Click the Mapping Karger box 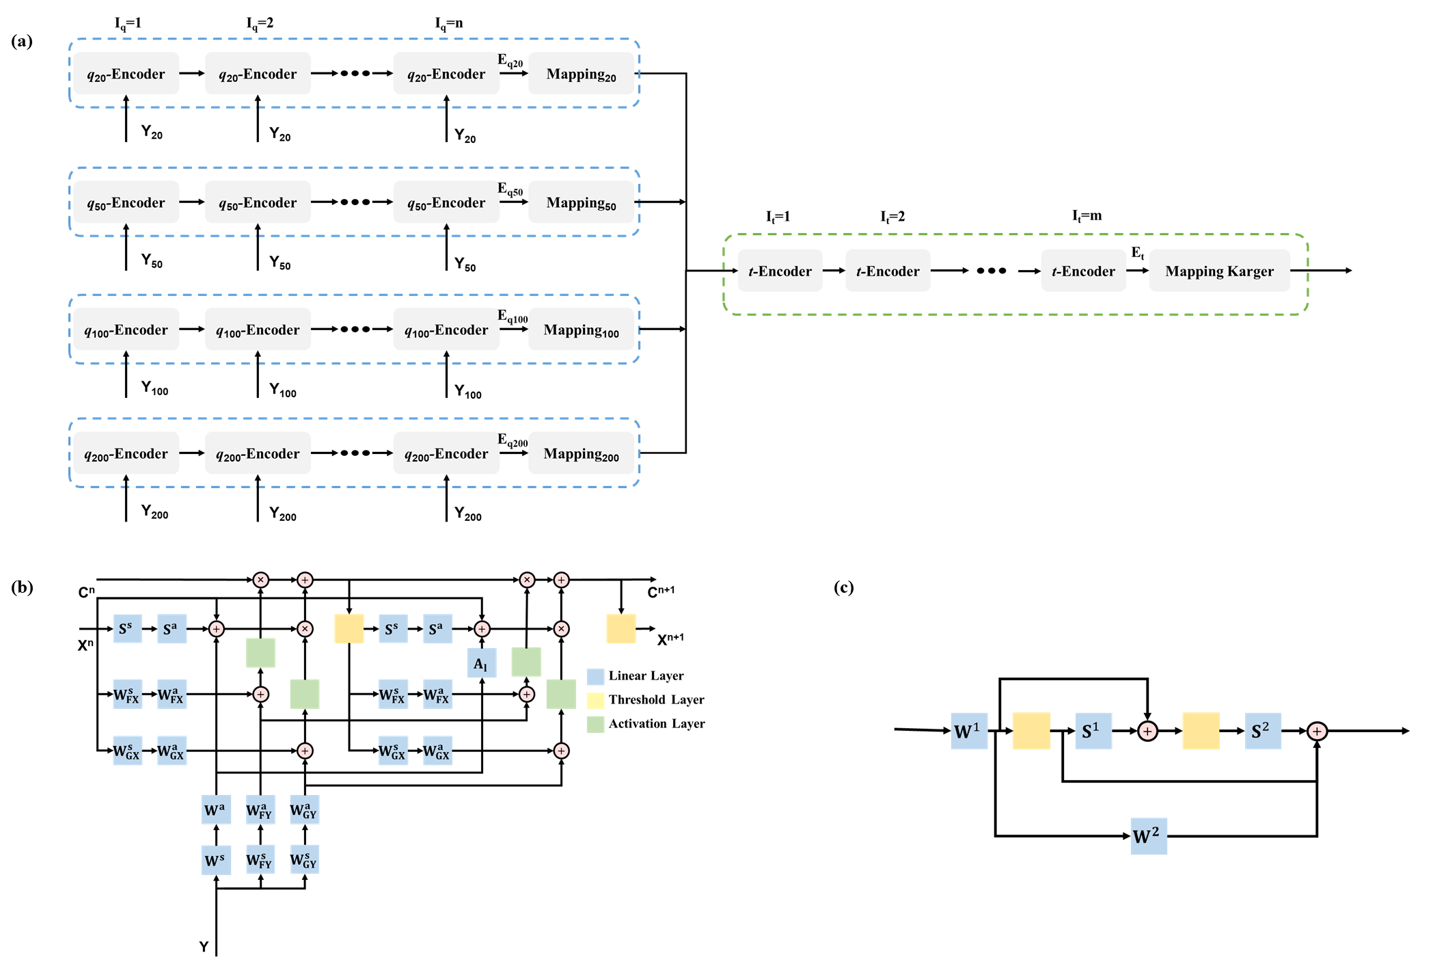point(1219,271)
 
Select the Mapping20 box point(581,74)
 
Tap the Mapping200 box point(581,453)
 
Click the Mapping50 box point(581,202)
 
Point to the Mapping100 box point(581,330)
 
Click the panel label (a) point(22,41)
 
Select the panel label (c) point(844,587)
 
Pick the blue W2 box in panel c point(1148,835)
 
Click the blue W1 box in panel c point(968,731)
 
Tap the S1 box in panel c point(1092,731)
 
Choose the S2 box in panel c point(1261,731)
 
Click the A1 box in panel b point(481,664)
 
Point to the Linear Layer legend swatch point(595,676)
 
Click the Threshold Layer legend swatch point(595,700)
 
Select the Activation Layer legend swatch point(595,724)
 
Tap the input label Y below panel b point(204,947)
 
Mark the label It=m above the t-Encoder point(1087,216)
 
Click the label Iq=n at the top point(449,23)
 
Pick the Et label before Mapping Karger point(1137,253)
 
